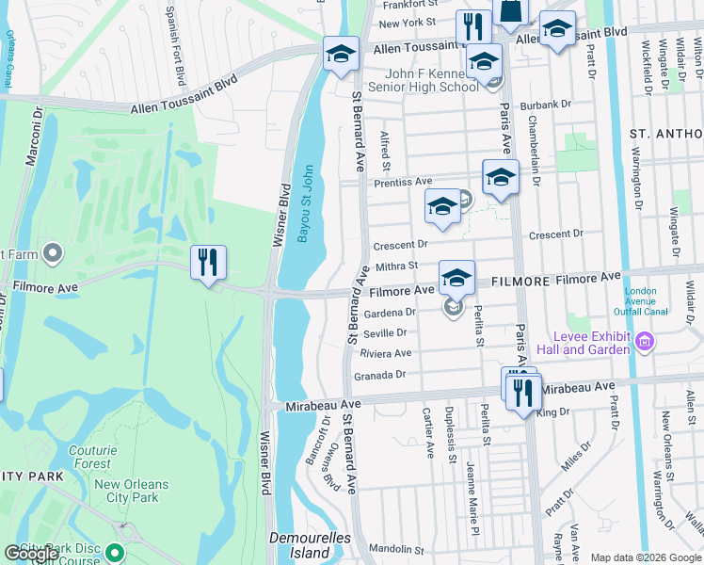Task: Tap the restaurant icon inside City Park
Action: tap(208, 262)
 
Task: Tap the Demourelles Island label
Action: tap(316, 545)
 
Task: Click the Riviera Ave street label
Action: tap(386, 353)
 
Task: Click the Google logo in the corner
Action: tap(31, 554)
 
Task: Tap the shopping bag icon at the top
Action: tap(511, 11)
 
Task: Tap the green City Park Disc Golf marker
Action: tap(115, 553)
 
